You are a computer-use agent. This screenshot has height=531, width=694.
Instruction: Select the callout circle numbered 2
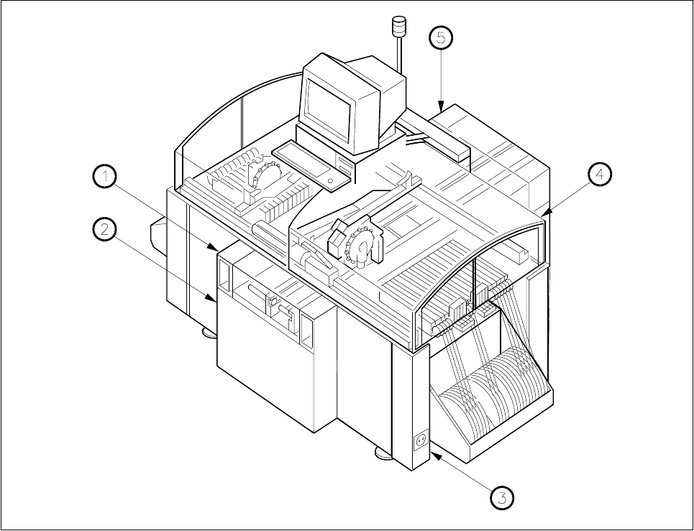pyautogui.click(x=105, y=230)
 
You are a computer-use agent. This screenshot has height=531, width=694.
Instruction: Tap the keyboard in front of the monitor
pyautogui.click(x=306, y=165)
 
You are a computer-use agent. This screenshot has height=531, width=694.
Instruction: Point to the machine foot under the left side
pyautogui.click(x=207, y=332)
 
